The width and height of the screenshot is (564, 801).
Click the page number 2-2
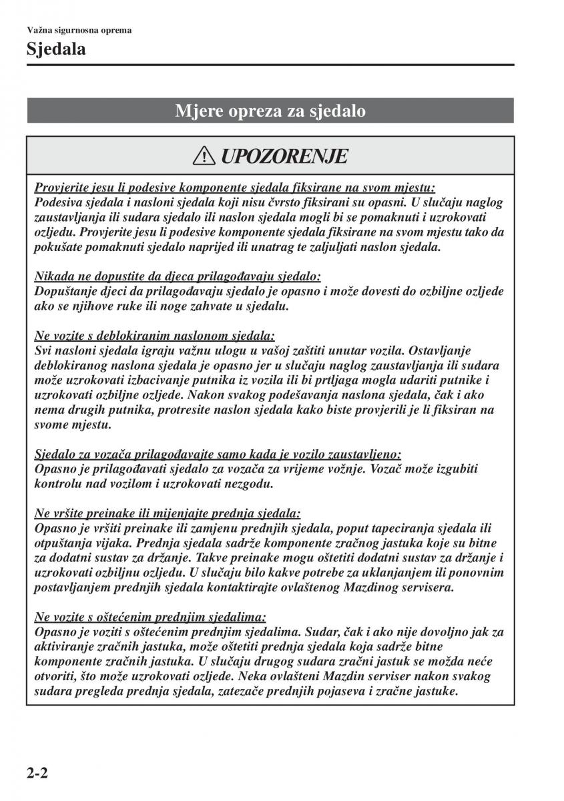[40, 774]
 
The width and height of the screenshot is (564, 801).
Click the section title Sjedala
[57, 49]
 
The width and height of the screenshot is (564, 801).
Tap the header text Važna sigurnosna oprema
[79, 30]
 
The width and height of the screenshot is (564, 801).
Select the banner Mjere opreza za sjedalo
[270, 111]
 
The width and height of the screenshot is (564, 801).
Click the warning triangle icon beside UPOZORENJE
[202, 157]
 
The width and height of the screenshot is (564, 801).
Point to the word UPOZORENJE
[283, 157]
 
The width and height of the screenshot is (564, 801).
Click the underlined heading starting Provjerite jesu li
[234, 189]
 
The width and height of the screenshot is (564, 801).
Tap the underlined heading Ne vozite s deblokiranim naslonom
[154, 335]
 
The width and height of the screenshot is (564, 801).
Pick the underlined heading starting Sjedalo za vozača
[218, 453]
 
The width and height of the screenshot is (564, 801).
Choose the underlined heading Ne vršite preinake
[168, 513]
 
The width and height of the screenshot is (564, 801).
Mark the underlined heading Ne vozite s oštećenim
[150, 617]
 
